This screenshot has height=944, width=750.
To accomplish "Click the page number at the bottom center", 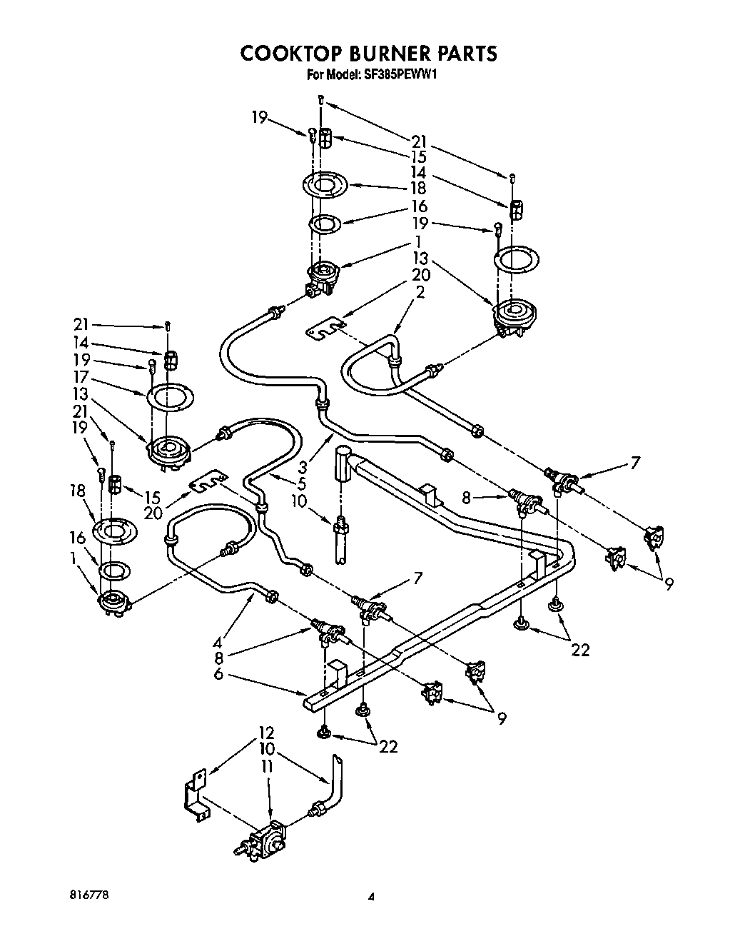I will tap(370, 897).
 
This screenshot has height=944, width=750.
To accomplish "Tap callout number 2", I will tap(420, 291).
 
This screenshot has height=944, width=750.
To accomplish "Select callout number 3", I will tap(303, 468).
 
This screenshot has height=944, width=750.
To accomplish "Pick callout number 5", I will tap(303, 484).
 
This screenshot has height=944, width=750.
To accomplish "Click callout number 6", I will tap(219, 673).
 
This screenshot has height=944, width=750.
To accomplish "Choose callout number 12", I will tap(267, 733).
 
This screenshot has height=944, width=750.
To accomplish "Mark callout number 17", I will tap(79, 376).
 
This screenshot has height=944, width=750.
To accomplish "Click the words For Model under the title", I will tap(333, 74).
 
